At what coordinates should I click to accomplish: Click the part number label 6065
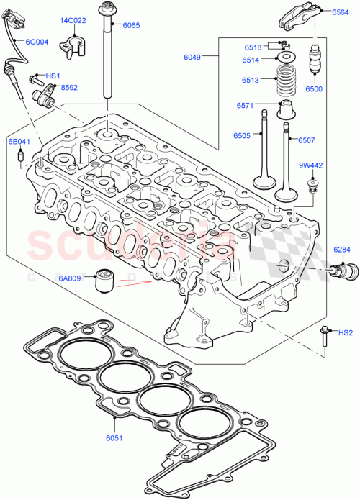[x=131, y=24]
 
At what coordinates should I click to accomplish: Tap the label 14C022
[x=73, y=21]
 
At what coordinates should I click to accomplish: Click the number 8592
[x=69, y=87]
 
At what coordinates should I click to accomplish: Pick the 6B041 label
[x=19, y=142]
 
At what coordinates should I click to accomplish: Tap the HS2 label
[x=346, y=332]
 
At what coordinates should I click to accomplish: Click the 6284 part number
[x=342, y=250]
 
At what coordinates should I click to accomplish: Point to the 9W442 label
[x=310, y=165]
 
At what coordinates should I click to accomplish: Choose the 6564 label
[x=342, y=12]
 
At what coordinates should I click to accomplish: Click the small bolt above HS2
[x=324, y=337]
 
